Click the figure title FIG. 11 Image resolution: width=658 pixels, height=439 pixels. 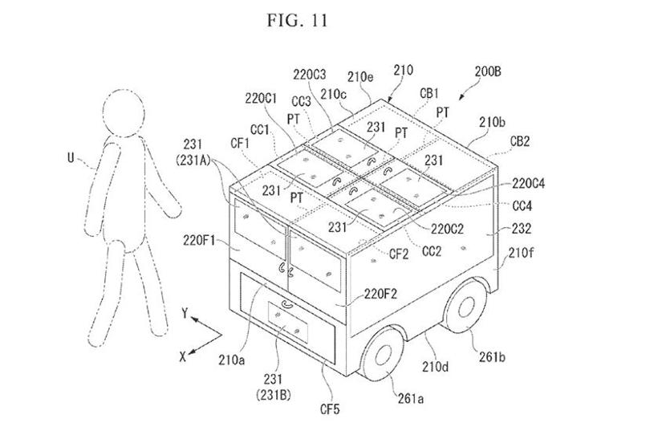[x=297, y=20]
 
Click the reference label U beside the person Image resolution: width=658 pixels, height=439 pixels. [x=71, y=159]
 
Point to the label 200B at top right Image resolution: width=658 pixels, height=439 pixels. [x=487, y=72]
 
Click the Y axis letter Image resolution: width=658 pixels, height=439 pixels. [x=184, y=316]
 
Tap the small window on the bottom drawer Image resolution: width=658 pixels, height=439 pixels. [x=286, y=330]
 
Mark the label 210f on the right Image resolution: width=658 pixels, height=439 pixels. [x=521, y=255]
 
